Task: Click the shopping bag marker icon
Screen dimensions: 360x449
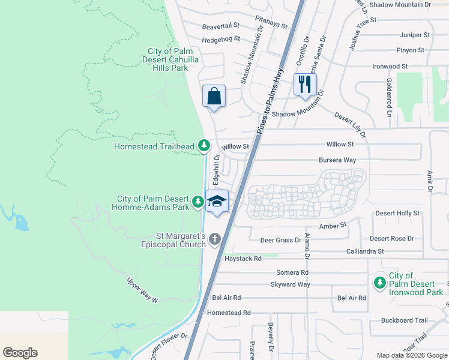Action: pos(214,97)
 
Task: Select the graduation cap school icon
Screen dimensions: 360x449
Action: pos(217,202)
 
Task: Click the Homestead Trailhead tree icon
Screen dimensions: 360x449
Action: pos(204,145)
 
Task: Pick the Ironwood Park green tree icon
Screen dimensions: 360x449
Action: pos(379,282)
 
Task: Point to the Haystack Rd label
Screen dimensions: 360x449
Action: pos(243,259)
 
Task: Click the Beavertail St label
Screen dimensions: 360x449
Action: pos(220,26)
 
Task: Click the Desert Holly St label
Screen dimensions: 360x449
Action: pos(397,213)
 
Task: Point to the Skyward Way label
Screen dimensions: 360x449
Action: pos(291,284)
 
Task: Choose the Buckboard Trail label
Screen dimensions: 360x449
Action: pos(405,320)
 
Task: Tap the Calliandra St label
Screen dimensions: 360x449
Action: pos(365,251)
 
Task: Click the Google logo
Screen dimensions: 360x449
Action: pos(20,353)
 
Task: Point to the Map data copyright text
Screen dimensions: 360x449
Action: pos(412,355)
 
